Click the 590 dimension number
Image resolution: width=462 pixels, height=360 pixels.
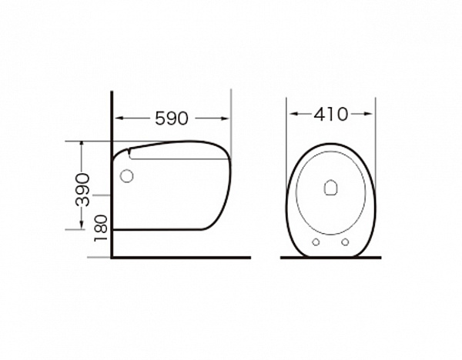(172, 118)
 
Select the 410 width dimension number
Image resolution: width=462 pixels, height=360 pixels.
(330, 114)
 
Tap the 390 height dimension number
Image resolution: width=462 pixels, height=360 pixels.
(82, 190)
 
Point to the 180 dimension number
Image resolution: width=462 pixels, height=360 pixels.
(100, 228)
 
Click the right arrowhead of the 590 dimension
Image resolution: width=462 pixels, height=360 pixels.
(225, 118)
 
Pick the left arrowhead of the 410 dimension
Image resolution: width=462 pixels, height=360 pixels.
(293, 114)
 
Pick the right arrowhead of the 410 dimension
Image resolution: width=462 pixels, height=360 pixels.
(369, 114)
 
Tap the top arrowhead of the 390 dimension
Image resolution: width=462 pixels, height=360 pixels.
(82, 145)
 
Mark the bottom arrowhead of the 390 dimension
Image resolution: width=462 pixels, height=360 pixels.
(82, 225)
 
